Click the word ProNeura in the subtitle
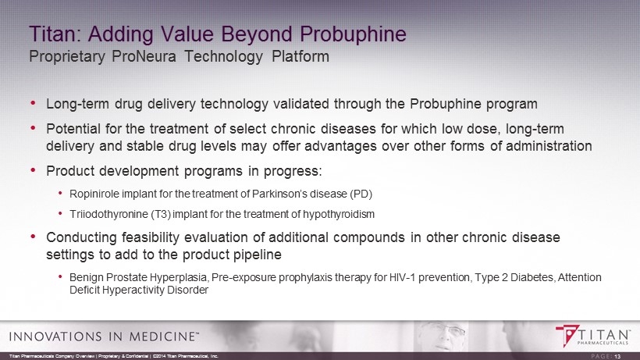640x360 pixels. pos(144,56)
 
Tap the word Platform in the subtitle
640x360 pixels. pos(300,56)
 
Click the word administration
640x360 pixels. pos(549,146)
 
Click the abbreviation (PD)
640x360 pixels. pos(361,194)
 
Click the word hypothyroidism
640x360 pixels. pos(339,214)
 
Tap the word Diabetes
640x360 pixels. pos(532,277)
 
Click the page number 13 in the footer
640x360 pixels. pos(617,356)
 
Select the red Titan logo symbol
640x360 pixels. pos(567,336)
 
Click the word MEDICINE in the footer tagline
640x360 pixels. pos(162,337)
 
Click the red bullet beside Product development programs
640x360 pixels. pos(34,169)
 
